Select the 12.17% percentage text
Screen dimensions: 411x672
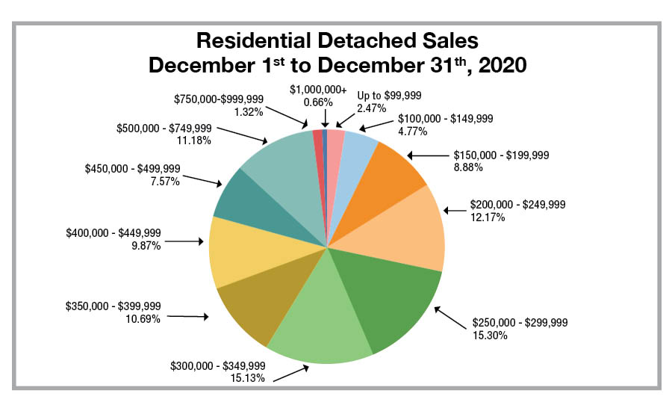pyautogui.click(x=487, y=217)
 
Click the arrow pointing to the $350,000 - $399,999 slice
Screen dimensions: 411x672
pyautogui.click(x=187, y=316)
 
